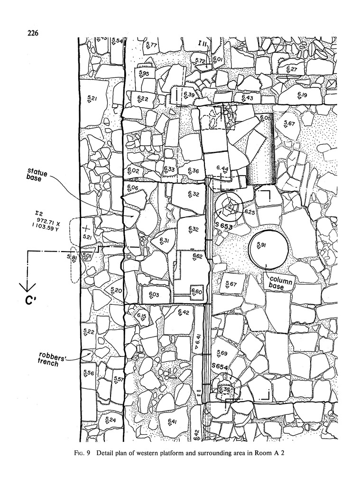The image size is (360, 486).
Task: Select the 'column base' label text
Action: coord(281,283)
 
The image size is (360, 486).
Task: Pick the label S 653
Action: coord(223,227)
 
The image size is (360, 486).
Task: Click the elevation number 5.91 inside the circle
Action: coord(261,244)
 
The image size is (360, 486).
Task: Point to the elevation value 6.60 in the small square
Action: coord(196,291)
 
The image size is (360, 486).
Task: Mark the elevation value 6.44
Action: coord(222,168)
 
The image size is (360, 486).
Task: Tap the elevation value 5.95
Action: coord(144,74)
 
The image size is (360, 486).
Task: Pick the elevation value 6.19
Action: coord(302,95)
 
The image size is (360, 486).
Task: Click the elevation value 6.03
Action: coord(154,294)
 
